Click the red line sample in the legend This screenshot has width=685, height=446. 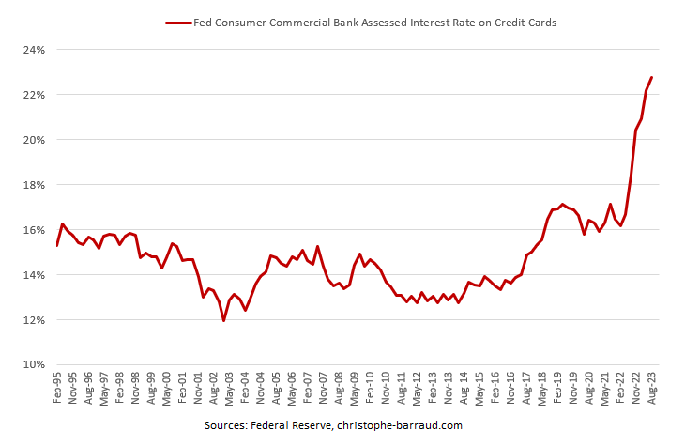coord(177,21)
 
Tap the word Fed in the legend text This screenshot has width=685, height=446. coord(203,21)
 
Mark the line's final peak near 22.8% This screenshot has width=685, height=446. coord(651,77)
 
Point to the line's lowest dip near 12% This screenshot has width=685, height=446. coord(223,320)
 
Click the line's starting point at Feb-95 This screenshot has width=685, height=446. coord(57,245)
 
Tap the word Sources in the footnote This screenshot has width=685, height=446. coord(228,425)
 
